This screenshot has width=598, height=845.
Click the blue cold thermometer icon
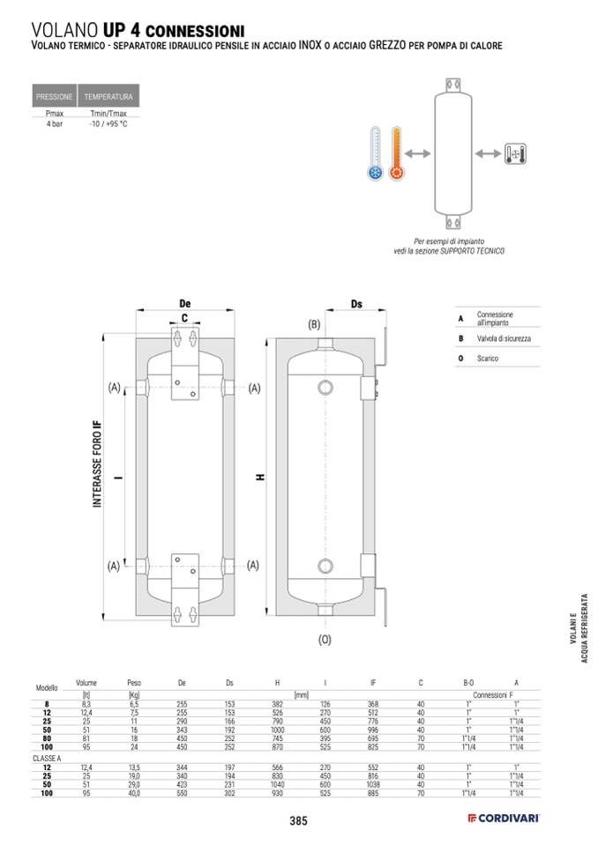click(x=374, y=154)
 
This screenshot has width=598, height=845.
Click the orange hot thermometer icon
click(x=395, y=154)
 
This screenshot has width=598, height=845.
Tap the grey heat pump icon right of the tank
click(x=515, y=154)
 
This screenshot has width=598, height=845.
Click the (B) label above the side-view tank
click(x=313, y=325)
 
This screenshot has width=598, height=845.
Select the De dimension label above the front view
click(x=185, y=303)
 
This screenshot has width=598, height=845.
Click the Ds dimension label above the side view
click(x=356, y=304)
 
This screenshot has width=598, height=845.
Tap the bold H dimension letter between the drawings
click(x=260, y=477)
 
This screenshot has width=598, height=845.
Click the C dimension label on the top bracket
click(x=185, y=317)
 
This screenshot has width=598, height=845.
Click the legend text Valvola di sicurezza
click(x=504, y=338)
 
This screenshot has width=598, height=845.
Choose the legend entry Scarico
click(x=488, y=359)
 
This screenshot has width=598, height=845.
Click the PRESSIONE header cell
click(x=54, y=96)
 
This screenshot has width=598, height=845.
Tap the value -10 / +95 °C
click(x=108, y=125)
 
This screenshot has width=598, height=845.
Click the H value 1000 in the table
click(x=279, y=730)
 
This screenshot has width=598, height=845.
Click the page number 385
click(x=298, y=821)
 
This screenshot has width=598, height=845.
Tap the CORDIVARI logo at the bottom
click(x=504, y=819)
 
